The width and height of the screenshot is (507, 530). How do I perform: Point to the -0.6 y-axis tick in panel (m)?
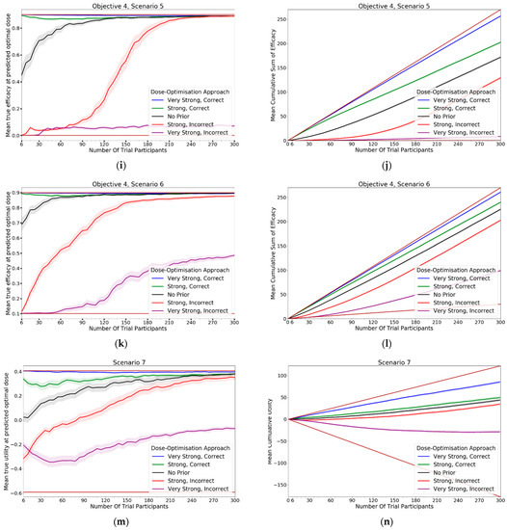click(17, 493)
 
